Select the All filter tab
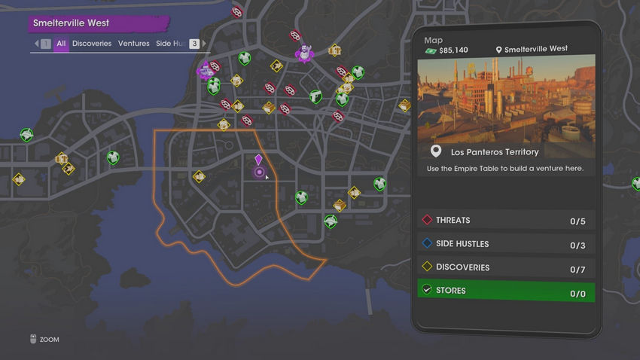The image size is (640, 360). (x=61, y=44)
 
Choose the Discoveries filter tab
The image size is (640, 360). (x=92, y=44)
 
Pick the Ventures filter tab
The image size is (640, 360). (x=134, y=44)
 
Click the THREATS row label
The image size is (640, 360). (x=453, y=221)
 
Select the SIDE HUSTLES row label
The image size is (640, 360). (x=462, y=244)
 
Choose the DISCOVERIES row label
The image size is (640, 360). (x=462, y=267)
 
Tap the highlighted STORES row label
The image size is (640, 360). (x=450, y=291)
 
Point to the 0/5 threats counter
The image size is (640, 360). (x=578, y=221)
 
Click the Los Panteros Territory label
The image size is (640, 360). (x=495, y=152)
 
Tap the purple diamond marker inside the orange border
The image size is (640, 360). (x=258, y=160)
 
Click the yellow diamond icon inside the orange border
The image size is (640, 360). (x=199, y=177)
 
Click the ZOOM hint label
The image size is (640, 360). (x=49, y=340)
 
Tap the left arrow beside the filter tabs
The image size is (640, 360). (x=35, y=44)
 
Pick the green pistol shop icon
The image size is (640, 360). (x=315, y=96)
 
